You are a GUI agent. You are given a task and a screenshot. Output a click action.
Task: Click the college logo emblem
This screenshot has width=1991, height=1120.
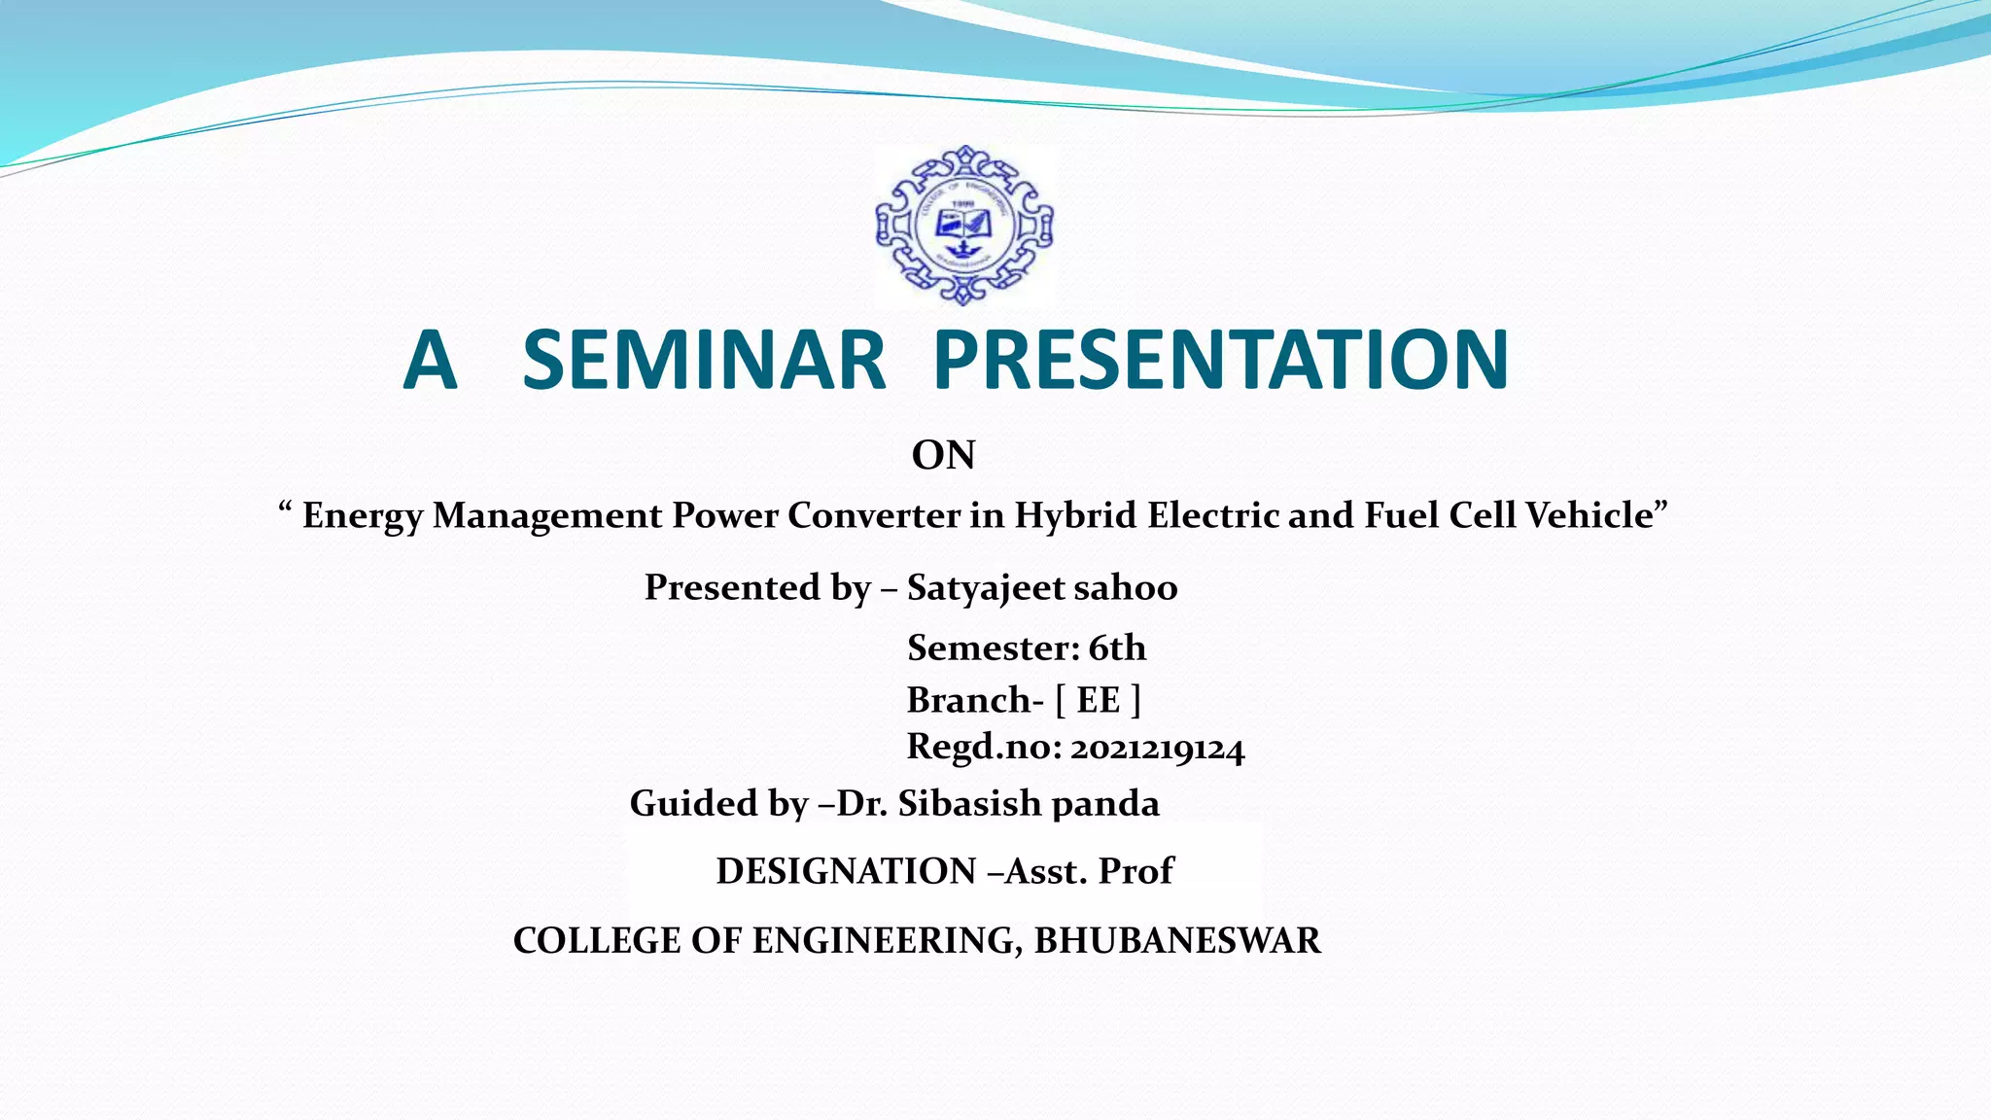pyautogui.click(x=963, y=226)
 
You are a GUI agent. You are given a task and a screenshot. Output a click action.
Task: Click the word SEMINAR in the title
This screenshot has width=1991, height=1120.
pyautogui.click(x=704, y=361)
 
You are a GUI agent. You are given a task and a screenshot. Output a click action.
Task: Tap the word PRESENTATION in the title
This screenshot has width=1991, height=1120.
pyautogui.click(x=1220, y=361)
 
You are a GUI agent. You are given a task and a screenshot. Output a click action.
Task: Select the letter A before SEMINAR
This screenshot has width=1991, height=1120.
pyautogui.click(x=430, y=361)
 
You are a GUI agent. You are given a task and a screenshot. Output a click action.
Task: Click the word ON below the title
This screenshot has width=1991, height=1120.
pyautogui.click(x=943, y=455)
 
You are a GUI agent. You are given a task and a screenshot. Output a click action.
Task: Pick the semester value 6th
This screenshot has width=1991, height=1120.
pyautogui.click(x=1117, y=647)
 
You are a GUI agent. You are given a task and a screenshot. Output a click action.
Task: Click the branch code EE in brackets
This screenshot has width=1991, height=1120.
pyautogui.click(x=1099, y=700)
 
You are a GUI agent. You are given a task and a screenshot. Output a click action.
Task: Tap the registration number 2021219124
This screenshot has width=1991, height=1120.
pyautogui.click(x=1157, y=749)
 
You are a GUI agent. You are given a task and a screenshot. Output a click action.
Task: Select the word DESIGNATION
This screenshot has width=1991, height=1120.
pyautogui.click(x=846, y=871)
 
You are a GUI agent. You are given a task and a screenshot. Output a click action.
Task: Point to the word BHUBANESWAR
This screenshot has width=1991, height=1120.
pyautogui.click(x=1177, y=941)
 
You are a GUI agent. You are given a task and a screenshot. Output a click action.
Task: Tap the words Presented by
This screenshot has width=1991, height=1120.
pyautogui.click(x=756, y=588)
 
